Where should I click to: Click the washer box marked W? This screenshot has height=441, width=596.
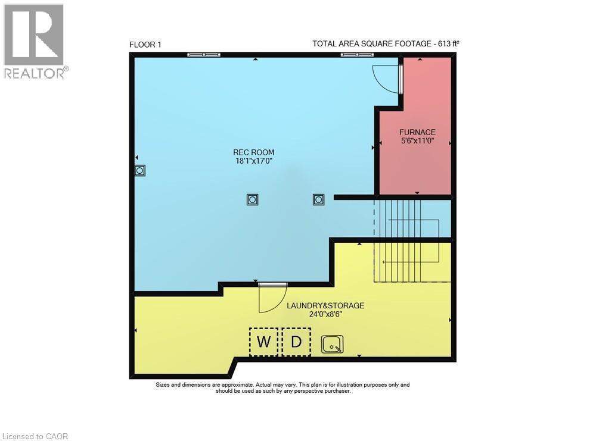pos(263,342)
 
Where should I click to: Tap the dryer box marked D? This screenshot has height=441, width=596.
pos(296,342)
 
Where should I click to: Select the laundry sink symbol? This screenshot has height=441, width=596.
pos(332,344)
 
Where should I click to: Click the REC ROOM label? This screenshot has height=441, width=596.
pos(254,152)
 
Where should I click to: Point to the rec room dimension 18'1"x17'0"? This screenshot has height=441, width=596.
pos(254,161)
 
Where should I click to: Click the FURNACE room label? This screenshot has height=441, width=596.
pos(417,132)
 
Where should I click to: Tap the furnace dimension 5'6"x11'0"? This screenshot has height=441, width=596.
pos(417,141)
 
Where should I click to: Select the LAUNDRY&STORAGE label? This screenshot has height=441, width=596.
pos(325,305)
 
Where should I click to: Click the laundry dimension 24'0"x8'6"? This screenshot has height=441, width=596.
pos(325,314)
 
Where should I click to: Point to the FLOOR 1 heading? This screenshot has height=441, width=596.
pos(145,44)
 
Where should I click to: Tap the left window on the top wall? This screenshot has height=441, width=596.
pos(204,55)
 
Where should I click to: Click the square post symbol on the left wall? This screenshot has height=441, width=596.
pos(140,171)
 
